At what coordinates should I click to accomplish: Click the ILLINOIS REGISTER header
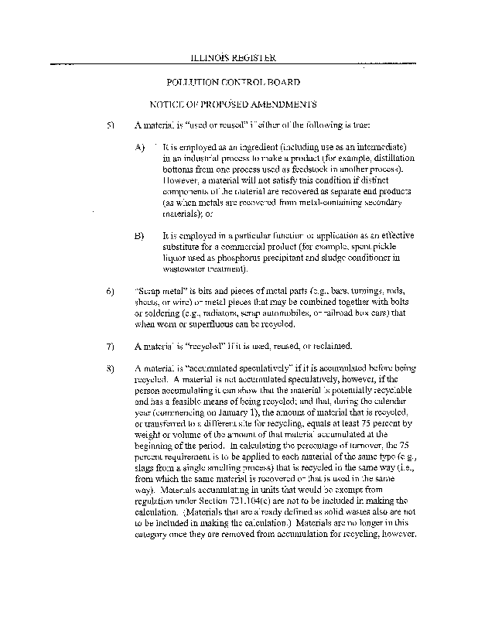point(233,58)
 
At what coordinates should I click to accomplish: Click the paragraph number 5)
point(111,125)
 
